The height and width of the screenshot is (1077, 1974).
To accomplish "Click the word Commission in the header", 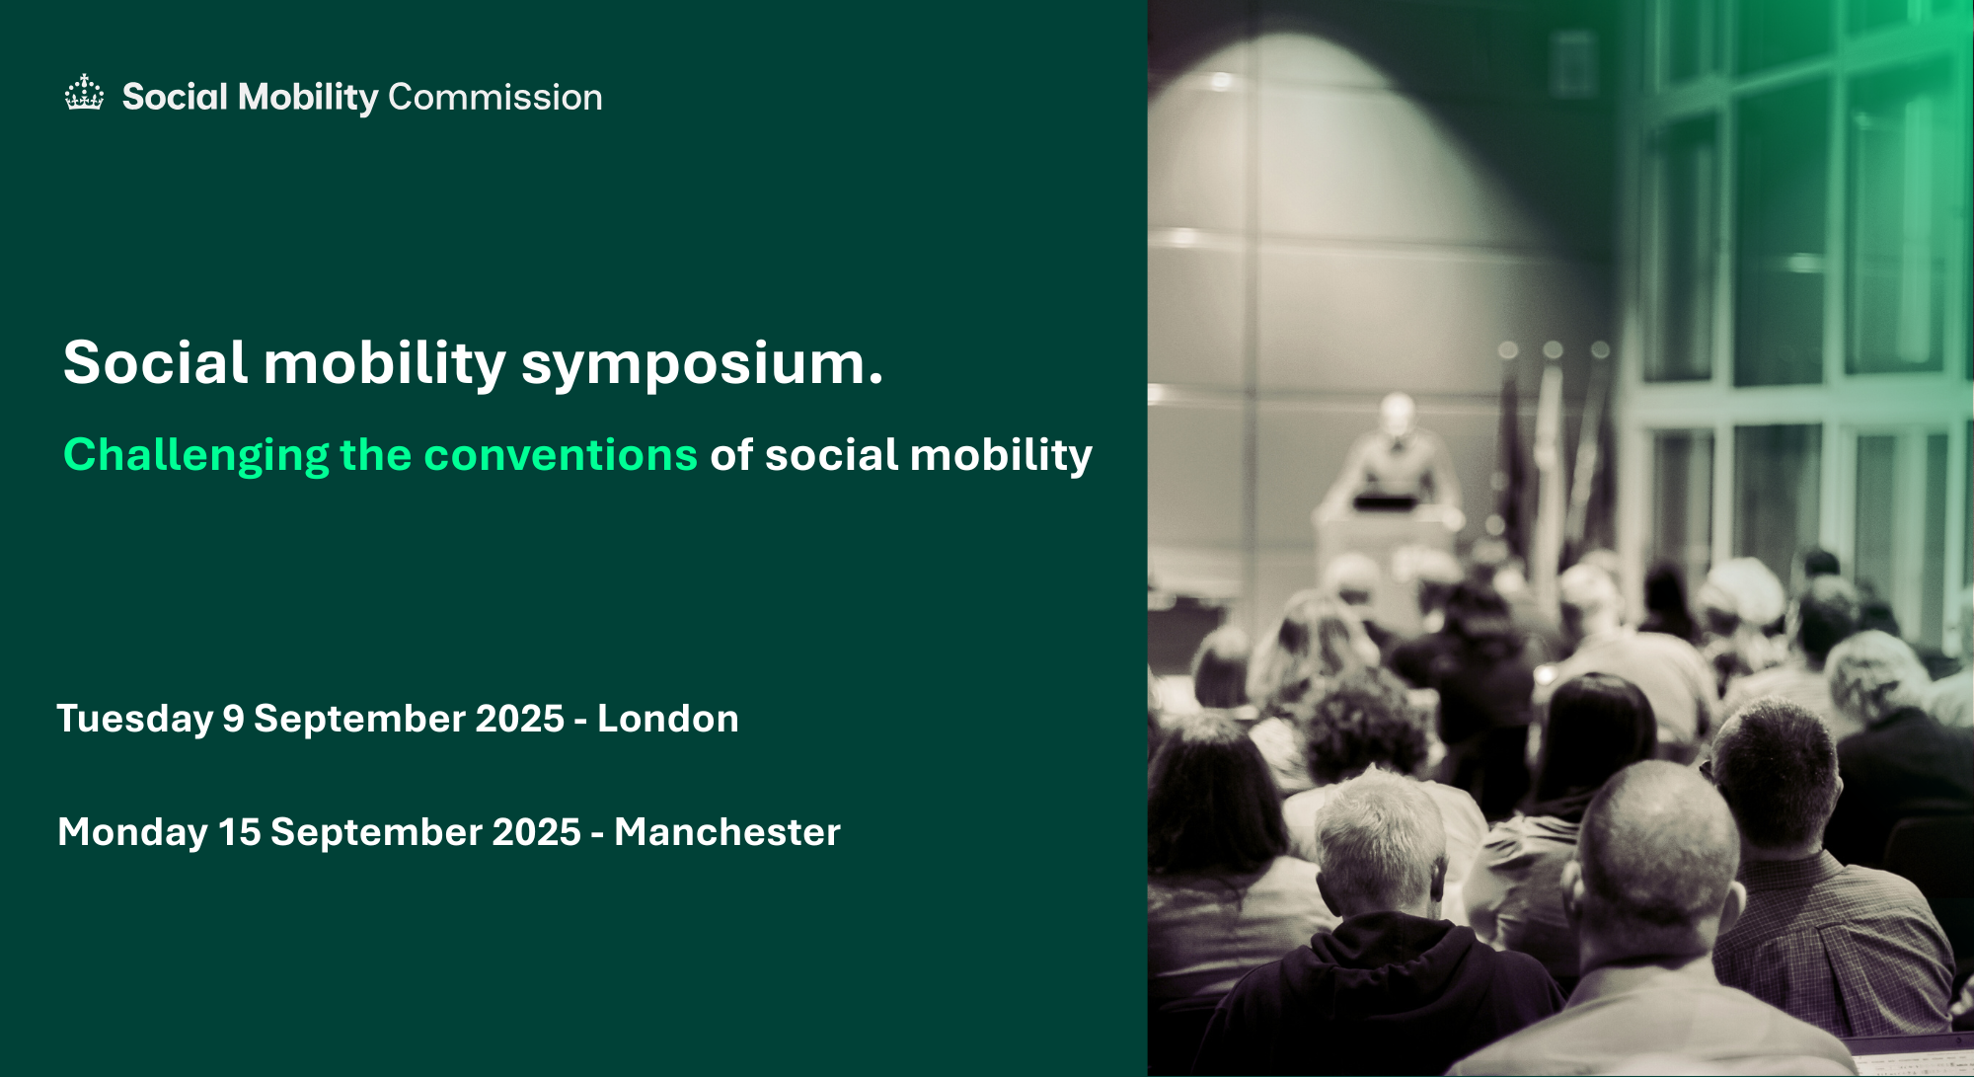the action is [x=495, y=97].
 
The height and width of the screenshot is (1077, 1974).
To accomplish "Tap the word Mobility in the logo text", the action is [x=309, y=98].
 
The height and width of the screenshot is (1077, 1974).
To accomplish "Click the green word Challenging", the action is [x=196, y=456].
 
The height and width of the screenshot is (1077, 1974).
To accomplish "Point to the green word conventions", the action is [x=561, y=455].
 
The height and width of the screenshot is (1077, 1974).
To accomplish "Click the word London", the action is [x=668, y=719].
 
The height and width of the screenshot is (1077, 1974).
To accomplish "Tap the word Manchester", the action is [x=727, y=832].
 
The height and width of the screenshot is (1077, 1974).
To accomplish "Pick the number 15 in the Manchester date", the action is [x=240, y=832].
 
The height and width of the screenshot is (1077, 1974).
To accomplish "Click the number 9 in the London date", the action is [x=233, y=719].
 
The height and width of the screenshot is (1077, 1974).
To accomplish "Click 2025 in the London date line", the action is [x=520, y=719].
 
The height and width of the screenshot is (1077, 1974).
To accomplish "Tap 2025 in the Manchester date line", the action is [x=537, y=832].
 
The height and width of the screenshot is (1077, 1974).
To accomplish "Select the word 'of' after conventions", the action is [x=731, y=455].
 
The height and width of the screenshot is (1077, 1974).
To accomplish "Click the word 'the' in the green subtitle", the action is [x=376, y=455].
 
